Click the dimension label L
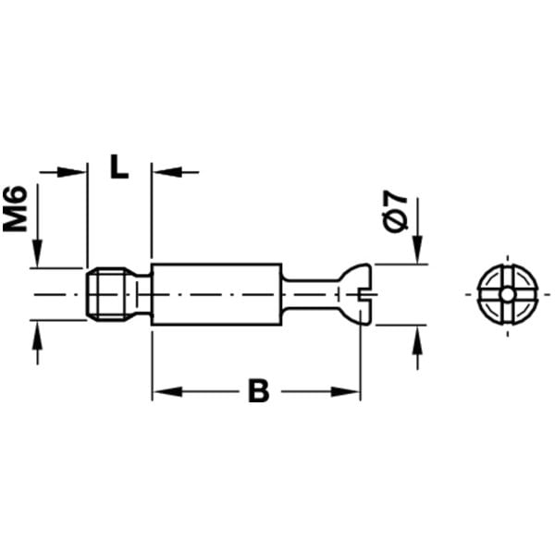(119, 166)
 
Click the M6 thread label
(15, 209)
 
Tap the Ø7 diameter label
(395, 211)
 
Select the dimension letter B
(259, 390)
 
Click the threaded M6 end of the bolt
(106, 294)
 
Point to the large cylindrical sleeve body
(216, 294)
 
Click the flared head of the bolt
(355, 294)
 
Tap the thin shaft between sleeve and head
(311, 294)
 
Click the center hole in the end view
(508, 294)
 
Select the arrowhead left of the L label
(72, 172)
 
